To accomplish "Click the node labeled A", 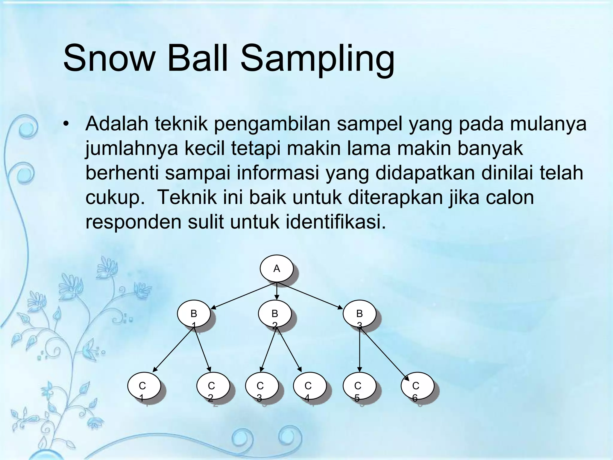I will click(276, 268).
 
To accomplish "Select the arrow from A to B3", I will click(311, 295).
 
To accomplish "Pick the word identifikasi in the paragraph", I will click(335, 222).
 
